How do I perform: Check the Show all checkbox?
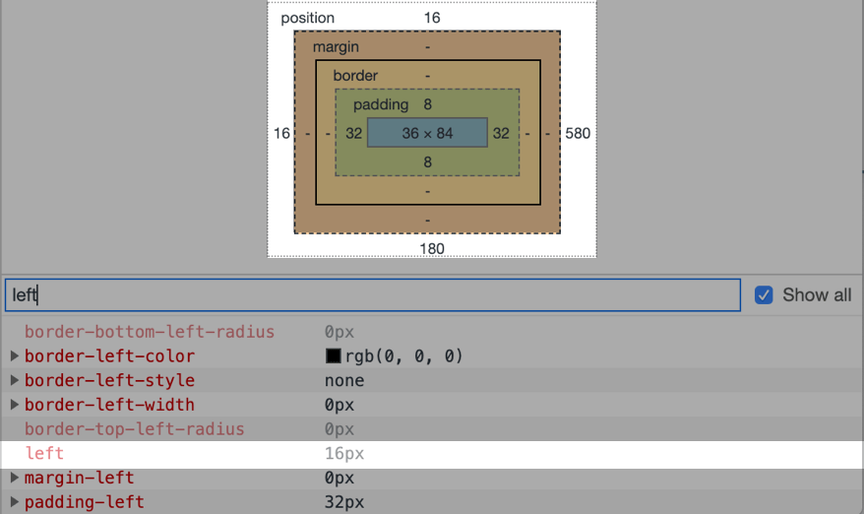pyautogui.click(x=764, y=295)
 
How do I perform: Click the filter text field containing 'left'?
pyautogui.click(x=373, y=295)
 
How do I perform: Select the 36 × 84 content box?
pyautogui.click(x=428, y=133)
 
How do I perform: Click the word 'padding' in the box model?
pyautogui.click(x=381, y=104)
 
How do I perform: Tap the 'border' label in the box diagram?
pyautogui.click(x=355, y=76)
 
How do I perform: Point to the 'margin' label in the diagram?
pyautogui.click(x=336, y=47)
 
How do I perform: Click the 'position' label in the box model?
pyautogui.click(x=307, y=18)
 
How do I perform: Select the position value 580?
pyautogui.click(x=578, y=133)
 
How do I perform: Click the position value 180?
pyautogui.click(x=432, y=249)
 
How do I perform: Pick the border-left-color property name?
pyautogui.click(x=109, y=356)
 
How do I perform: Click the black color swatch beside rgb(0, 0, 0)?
pyautogui.click(x=334, y=356)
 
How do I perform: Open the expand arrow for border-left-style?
pyautogui.click(x=15, y=380)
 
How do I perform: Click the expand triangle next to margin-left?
pyautogui.click(x=15, y=478)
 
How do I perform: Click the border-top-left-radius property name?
pyautogui.click(x=135, y=429)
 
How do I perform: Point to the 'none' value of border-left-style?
pyautogui.click(x=344, y=380)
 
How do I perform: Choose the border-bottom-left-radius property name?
pyautogui.click(x=150, y=332)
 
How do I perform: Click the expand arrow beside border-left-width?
pyautogui.click(x=15, y=405)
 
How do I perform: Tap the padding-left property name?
pyautogui.click(x=85, y=502)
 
